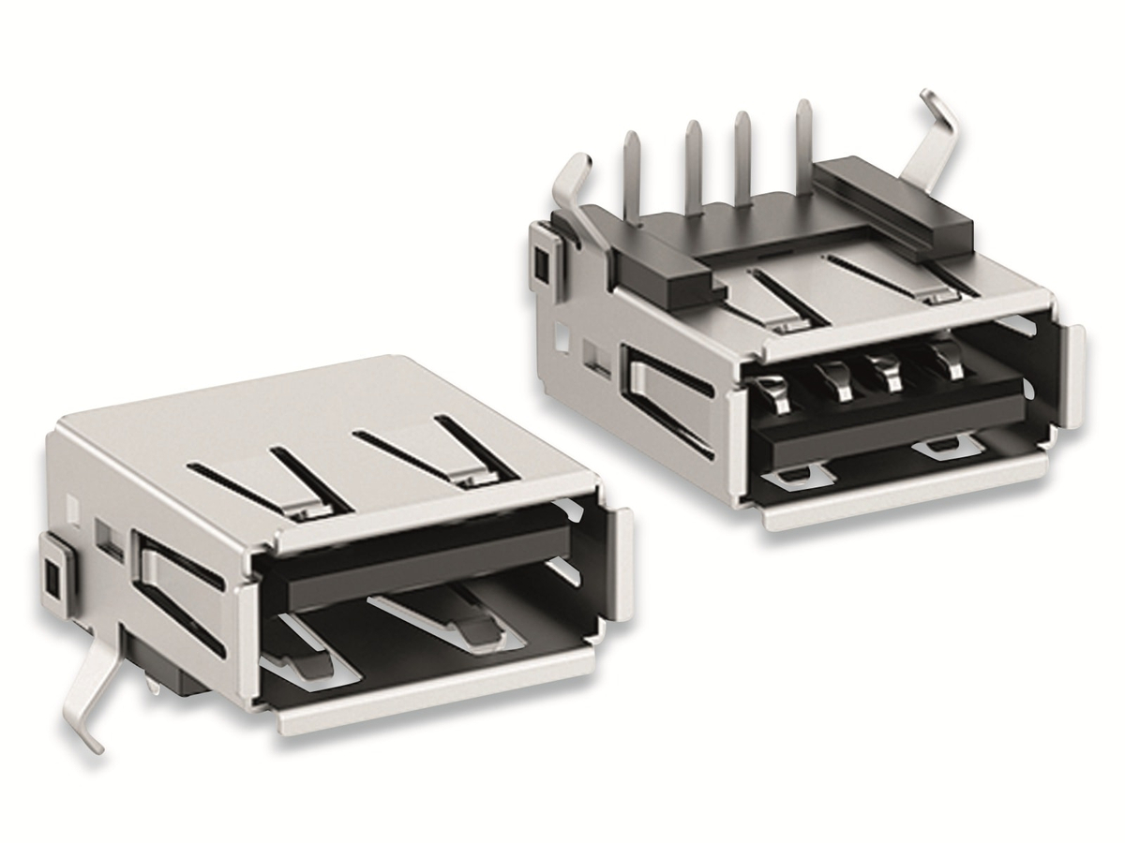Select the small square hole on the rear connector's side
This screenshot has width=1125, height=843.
[x=541, y=265]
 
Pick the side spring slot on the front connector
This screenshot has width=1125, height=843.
[x=178, y=590]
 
